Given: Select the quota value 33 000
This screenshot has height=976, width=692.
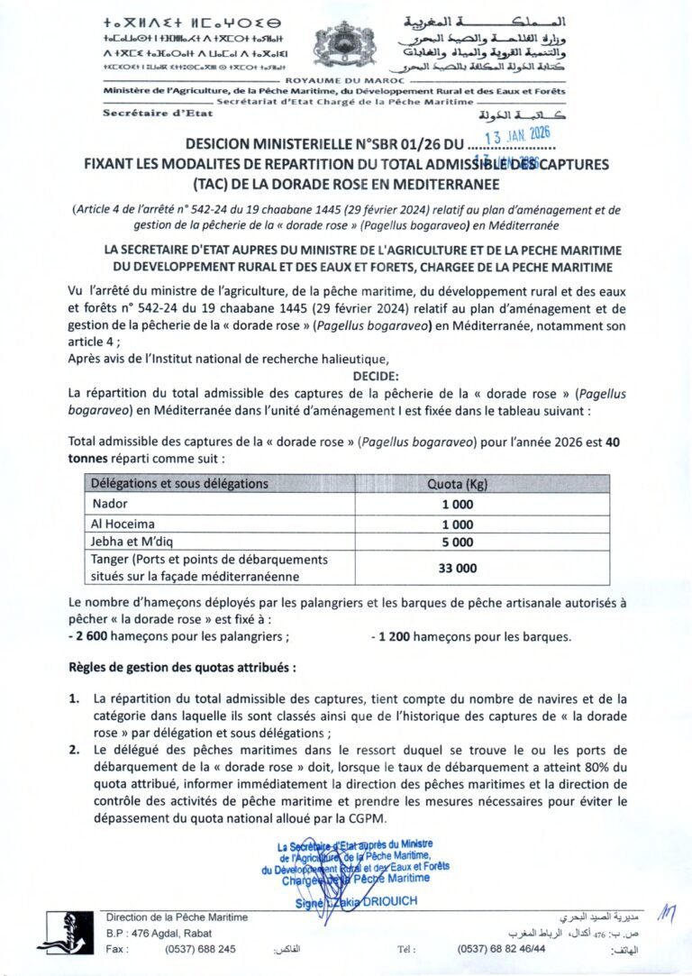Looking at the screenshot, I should click(457, 569).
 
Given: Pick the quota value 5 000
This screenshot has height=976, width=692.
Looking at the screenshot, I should click(457, 542).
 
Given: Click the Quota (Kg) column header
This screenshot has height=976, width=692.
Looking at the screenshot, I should click(457, 484).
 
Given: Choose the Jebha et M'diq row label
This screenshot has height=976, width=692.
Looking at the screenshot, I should click(136, 542).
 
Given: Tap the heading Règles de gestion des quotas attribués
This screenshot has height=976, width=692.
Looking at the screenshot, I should click(181, 668).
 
